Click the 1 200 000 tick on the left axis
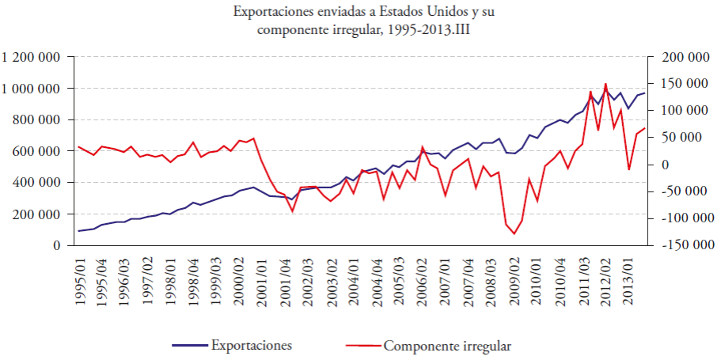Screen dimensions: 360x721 tap(32, 57)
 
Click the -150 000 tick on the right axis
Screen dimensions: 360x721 tap(677, 245)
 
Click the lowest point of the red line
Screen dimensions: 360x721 tap(514, 233)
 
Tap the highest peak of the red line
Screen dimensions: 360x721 tap(605, 84)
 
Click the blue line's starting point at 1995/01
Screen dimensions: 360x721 tap(78, 231)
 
